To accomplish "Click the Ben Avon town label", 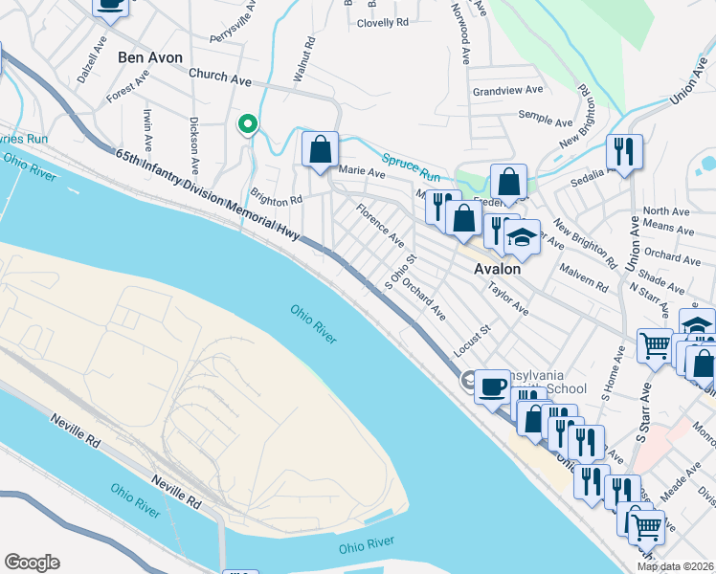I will point(149,57).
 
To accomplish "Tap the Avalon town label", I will point(498,270).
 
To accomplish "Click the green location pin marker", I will point(247,124).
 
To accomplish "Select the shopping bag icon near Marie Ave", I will point(320,149).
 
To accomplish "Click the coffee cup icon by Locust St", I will point(492,386).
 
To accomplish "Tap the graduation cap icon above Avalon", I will point(522,236).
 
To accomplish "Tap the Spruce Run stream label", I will point(411,169).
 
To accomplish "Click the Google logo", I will point(32,563).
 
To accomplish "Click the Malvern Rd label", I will point(584,278).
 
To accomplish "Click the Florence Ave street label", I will point(379,227).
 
